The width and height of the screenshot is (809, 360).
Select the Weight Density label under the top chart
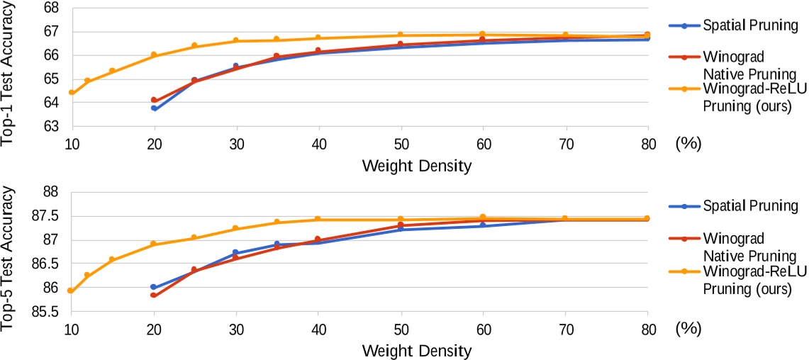point(416,167)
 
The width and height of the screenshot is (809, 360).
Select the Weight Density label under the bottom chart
point(416,350)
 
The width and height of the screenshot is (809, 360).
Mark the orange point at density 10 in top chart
point(72,93)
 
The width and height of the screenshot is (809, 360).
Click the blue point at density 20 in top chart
point(154,108)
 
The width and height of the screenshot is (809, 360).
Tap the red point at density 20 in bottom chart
point(153,295)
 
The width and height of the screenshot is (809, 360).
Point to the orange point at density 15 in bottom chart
point(112,260)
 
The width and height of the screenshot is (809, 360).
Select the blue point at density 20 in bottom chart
point(153,287)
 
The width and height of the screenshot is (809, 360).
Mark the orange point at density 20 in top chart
point(154,55)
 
